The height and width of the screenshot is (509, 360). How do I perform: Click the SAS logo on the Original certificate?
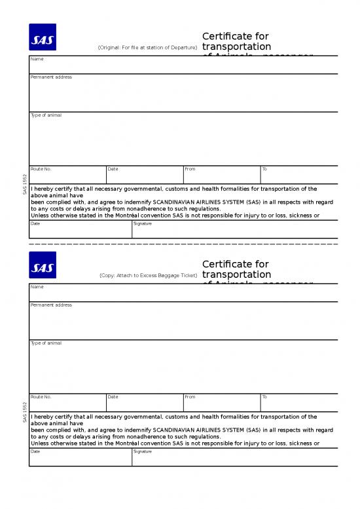tap(43, 37)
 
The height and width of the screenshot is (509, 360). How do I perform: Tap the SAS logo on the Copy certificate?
tap(43, 265)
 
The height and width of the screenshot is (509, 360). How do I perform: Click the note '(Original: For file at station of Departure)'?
tap(147, 48)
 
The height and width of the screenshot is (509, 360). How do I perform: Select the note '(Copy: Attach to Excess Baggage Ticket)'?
tap(148, 276)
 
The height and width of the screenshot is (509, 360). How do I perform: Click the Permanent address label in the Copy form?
tap(51, 305)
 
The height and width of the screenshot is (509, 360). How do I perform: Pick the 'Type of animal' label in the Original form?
tap(46, 115)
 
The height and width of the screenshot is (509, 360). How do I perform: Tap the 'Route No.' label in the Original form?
tap(41, 169)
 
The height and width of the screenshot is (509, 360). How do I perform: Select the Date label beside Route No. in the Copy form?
tap(113, 397)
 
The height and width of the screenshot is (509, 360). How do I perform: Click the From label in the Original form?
tap(190, 169)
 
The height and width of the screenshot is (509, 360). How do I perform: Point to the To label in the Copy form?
tap(264, 397)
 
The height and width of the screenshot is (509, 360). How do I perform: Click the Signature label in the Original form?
tap(143, 223)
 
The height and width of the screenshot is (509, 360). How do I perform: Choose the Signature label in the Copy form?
tap(143, 451)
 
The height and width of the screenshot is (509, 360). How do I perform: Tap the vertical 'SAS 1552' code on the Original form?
tap(25, 184)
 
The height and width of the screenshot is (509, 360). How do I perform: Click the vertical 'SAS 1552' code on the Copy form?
tap(25, 412)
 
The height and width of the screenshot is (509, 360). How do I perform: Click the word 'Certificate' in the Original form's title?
tap(226, 35)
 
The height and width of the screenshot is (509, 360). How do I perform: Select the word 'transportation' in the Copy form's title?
tap(237, 274)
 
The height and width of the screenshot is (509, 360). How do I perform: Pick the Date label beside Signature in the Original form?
tap(35, 223)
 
